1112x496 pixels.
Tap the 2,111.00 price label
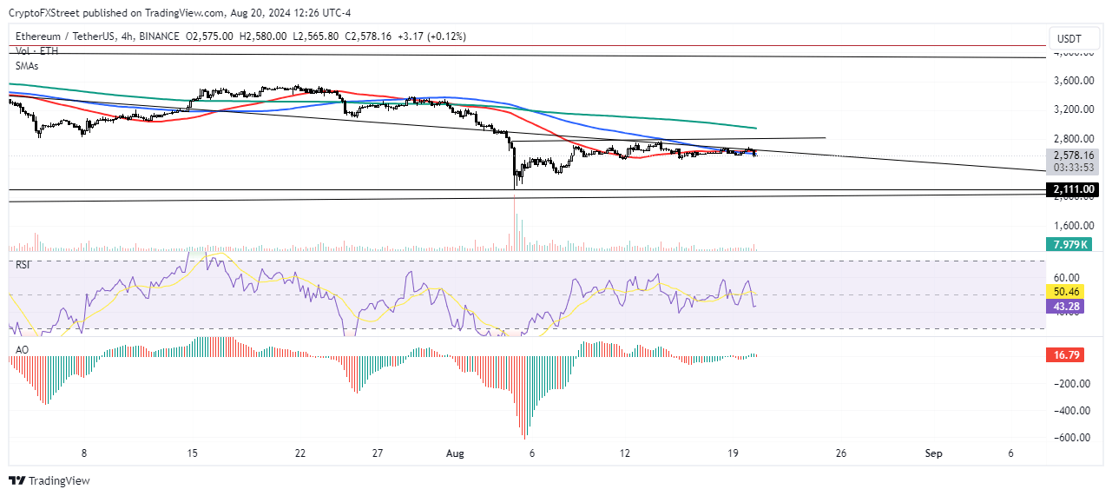click(x=1074, y=189)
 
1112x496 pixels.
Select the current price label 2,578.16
click(x=1073, y=155)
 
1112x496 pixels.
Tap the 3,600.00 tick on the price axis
click(x=1073, y=81)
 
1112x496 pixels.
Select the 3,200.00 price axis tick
click(x=1073, y=109)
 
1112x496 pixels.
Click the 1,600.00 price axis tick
click(x=1073, y=225)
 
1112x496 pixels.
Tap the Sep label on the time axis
click(x=933, y=453)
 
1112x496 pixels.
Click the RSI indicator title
click(x=23, y=264)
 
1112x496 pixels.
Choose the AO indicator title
click(x=21, y=350)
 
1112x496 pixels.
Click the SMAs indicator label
click(x=28, y=65)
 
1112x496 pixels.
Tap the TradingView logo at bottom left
click(x=49, y=480)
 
